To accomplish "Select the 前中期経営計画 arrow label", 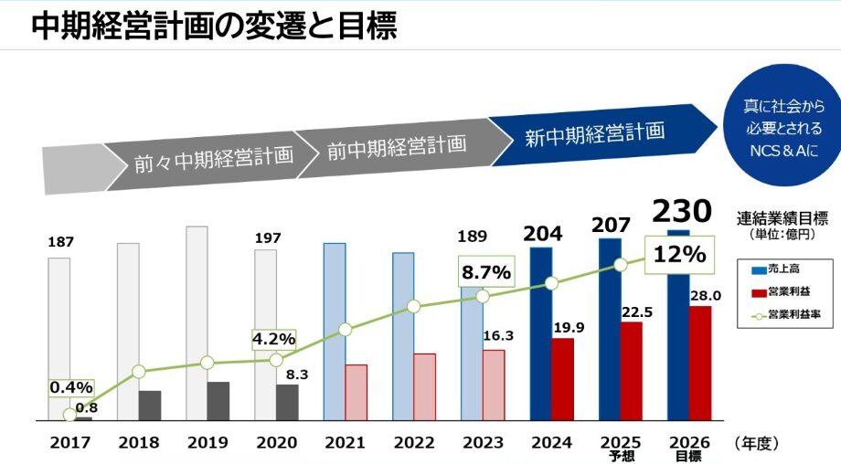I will click(397, 145).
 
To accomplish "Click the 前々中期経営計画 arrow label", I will click(213, 156).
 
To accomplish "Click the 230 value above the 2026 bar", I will click(681, 212).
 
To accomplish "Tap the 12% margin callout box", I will click(677, 254).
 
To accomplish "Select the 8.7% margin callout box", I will click(485, 272).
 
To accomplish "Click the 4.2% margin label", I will click(274, 339).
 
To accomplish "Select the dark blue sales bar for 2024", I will click(541, 333).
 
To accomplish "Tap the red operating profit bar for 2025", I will click(633, 370).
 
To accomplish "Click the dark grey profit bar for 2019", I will click(218, 400).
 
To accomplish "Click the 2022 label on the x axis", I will click(414, 443).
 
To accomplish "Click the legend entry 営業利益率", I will click(782, 315).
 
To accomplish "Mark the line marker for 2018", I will click(139, 372).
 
